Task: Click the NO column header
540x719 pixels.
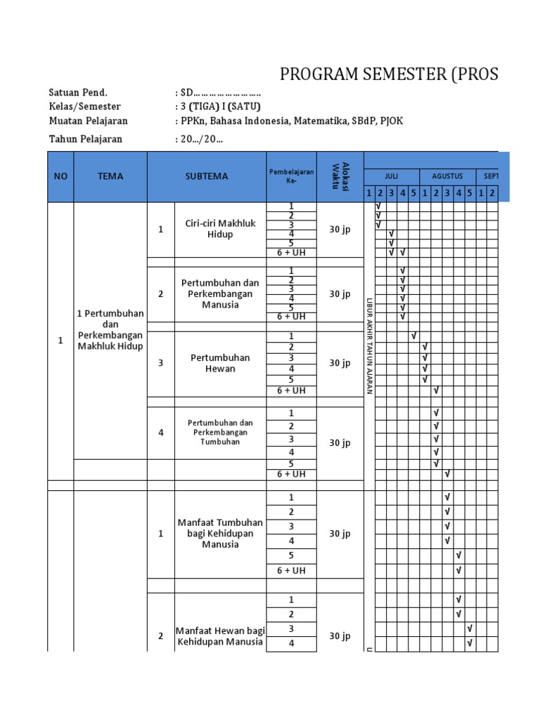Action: pyautogui.click(x=60, y=176)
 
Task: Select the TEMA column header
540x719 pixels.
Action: pyautogui.click(x=110, y=176)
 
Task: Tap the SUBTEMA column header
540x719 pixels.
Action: pyautogui.click(x=207, y=176)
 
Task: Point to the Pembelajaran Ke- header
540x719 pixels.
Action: pyautogui.click(x=291, y=176)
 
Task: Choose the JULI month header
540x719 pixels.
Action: pyautogui.click(x=391, y=176)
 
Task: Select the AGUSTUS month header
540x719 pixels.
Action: pyautogui.click(x=447, y=176)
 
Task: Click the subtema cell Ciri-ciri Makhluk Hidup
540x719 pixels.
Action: pyautogui.click(x=220, y=229)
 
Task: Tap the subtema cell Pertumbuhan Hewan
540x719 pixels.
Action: pyautogui.click(x=220, y=363)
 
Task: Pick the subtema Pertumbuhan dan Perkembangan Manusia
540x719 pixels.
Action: pyautogui.click(x=220, y=293)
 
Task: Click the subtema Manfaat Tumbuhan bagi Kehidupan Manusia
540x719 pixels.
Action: pyautogui.click(x=220, y=533)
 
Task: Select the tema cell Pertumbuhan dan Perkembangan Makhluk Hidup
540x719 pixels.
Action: pyautogui.click(x=110, y=329)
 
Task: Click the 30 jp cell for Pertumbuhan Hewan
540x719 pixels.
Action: pyautogui.click(x=340, y=363)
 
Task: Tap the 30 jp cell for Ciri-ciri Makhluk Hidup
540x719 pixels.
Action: pyautogui.click(x=340, y=229)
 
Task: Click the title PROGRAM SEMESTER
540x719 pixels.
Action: pyautogui.click(x=389, y=74)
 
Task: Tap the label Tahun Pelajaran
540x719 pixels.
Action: pyautogui.click(x=85, y=139)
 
